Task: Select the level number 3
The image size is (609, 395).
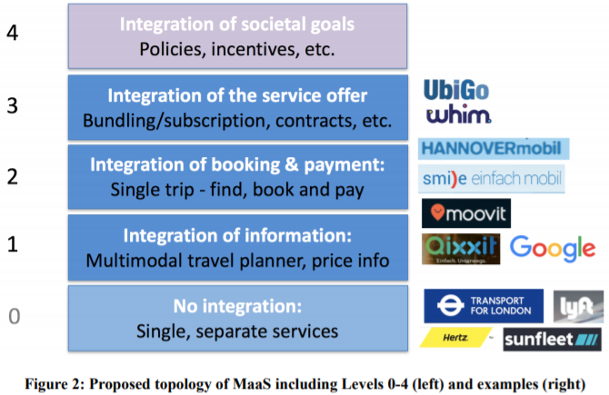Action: point(13,105)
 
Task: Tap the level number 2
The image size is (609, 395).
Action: point(13,175)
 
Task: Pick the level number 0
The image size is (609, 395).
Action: point(13,317)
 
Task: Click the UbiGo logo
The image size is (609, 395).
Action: point(457,91)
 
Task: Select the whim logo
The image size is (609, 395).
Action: point(458,115)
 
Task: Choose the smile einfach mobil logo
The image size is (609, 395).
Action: point(492,179)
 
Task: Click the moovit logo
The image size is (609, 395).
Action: point(466,212)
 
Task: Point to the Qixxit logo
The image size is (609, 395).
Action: point(460,249)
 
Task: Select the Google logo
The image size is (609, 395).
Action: point(553,247)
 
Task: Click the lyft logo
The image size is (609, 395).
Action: point(579,306)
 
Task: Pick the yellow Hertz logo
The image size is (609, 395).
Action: point(455,338)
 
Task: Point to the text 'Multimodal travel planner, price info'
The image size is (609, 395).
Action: point(238,262)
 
